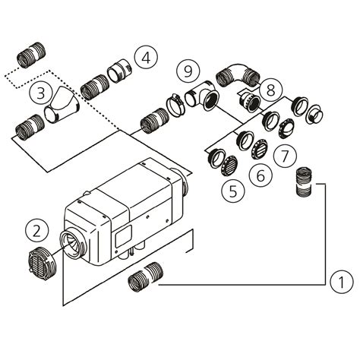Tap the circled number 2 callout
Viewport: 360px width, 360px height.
click(36, 228)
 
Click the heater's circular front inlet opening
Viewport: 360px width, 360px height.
click(74, 246)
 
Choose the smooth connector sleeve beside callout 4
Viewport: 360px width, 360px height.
click(120, 71)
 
